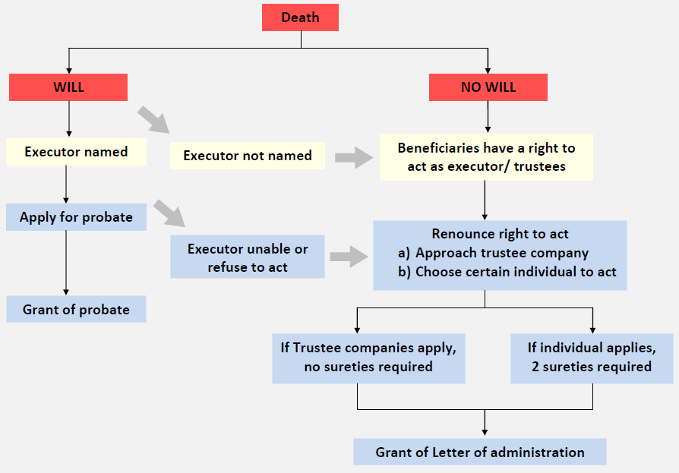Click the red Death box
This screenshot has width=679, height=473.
[x=300, y=17]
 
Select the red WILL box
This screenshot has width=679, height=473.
[x=68, y=87]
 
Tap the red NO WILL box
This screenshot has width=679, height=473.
[x=488, y=87]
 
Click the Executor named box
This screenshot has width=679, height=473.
[x=76, y=152]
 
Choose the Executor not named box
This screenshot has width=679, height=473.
[x=248, y=156]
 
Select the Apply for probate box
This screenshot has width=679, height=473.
[x=76, y=217]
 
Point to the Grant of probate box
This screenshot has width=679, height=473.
[x=76, y=310]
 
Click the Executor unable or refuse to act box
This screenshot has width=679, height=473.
[x=248, y=258]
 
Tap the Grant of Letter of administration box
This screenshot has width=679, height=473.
[x=480, y=453]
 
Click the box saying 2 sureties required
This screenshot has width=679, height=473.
[x=592, y=358]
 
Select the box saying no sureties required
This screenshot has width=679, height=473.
[x=368, y=358]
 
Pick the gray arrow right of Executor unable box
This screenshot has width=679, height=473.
[x=348, y=257]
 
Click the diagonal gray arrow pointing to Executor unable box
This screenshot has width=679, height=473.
[x=169, y=213]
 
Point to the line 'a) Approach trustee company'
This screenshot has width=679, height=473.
[x=494, y=253]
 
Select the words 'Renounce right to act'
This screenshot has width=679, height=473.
[x=500, y=234]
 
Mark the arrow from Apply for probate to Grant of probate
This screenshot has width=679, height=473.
[x=67, y=262]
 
